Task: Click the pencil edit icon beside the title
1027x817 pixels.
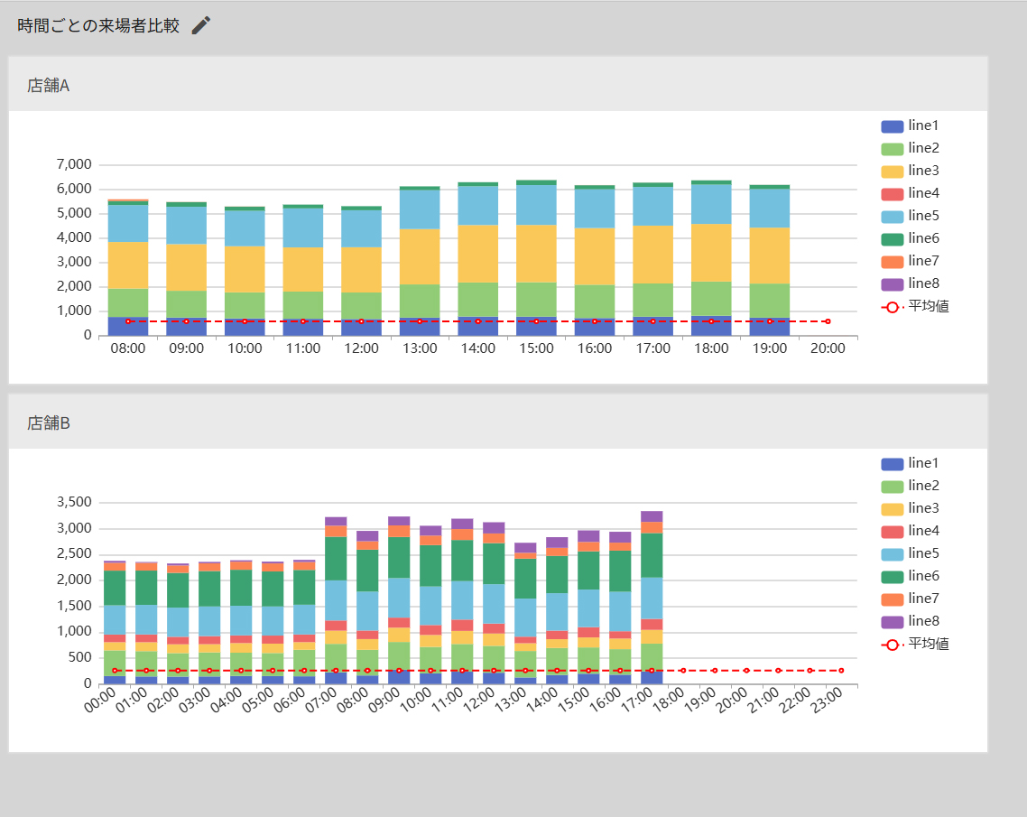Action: (201, 25)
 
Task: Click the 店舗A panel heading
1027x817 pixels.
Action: (49, 86)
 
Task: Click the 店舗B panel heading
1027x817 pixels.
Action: (49, 423)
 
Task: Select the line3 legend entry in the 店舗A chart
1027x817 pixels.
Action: (911, 171)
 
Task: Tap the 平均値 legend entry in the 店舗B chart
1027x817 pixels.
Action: (915, 644)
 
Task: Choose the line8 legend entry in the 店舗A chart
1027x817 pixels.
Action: (911, 283)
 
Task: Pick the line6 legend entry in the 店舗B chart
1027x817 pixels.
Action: (911, 576)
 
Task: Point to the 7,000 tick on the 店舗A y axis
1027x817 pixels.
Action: (74, 164)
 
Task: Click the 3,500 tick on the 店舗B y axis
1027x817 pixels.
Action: (74, 503)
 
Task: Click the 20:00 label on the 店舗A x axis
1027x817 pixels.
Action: (828, 348)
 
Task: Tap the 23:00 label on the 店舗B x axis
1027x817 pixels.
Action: (827, 701)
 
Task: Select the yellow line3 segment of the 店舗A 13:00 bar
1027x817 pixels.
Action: (420, 256)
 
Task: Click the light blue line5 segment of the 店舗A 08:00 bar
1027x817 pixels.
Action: (128, 223)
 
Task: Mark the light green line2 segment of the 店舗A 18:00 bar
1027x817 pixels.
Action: (711, 299)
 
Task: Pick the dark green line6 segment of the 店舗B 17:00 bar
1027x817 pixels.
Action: (652, 555)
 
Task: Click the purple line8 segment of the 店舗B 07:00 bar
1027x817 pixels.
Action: (336, 522)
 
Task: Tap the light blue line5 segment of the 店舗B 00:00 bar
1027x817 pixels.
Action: (115, 620)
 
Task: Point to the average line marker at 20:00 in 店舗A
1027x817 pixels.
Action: (828, 321)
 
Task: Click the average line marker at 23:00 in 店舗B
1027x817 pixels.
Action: (841, 671)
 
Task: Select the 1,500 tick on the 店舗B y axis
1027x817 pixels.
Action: (74, 606)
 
